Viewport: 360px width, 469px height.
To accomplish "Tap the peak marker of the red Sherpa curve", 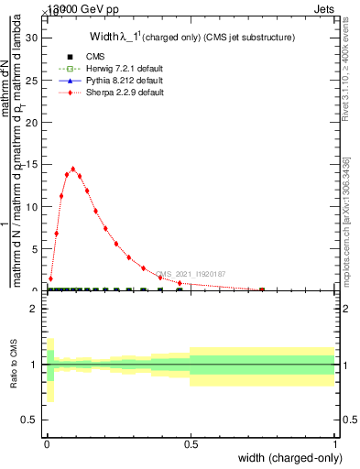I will click(x=72, y=169).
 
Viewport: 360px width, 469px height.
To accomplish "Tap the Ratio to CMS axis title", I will click(x=15, y=365).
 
